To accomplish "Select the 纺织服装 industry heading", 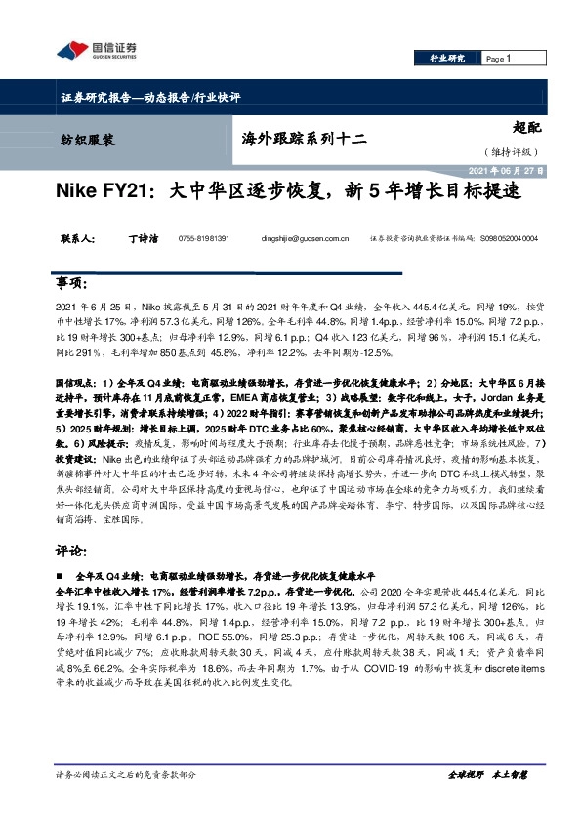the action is [x=81, y=140].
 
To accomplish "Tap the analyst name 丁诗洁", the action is [x=142, y=237].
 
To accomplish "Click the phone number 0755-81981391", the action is [x=204, y=238].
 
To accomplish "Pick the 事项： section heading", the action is [x=75, y=282].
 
